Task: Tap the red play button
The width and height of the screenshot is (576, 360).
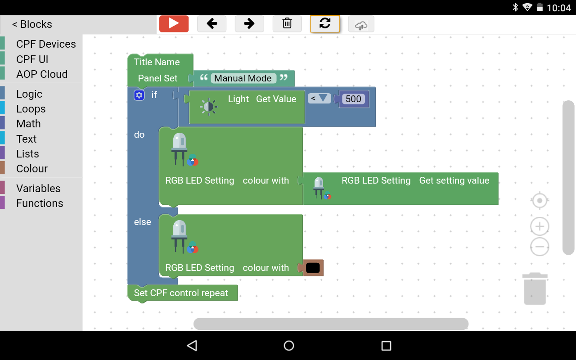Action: (x=174, y=24)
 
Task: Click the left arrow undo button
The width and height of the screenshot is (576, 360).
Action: (x=211, y=24)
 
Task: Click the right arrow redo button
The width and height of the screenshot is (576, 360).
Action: (x=249, y=24)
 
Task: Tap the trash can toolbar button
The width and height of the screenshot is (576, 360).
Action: (x=287, y=24)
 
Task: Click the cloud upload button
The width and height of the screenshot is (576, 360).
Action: (x=361, y=25)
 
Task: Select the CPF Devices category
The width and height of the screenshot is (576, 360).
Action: (x=46, y=44)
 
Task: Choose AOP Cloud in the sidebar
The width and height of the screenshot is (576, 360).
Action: (x=42, y=74)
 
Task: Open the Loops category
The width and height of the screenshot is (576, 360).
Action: (x=31, y=109)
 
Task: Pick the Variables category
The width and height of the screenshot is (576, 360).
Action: (x=38, y=189)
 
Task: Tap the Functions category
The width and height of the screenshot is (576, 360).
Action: (x=40, y=203)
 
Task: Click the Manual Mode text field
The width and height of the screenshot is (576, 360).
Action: (x=243, y=78)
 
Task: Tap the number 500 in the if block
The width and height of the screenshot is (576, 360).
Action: (x=353, y=99)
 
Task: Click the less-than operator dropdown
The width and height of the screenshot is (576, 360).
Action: (x=319, y=98)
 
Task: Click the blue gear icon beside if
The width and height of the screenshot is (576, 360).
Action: (x=139, y=95)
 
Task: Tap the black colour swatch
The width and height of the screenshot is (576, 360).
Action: (x=313, y=268)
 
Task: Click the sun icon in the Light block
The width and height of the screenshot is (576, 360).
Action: (x=208, y=107)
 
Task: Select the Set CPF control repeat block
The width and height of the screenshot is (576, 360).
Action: (x=181, y=293)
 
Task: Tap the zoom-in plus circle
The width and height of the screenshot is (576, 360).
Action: (x=540, y=226)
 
